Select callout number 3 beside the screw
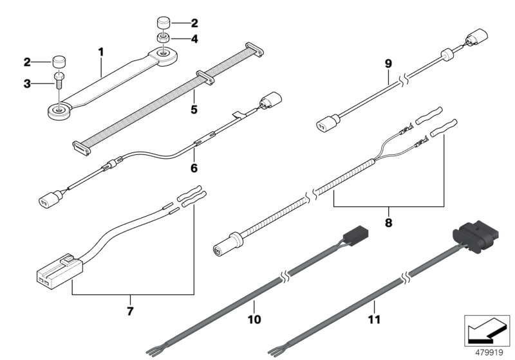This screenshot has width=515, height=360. pos(27,83)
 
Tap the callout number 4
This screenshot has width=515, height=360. pos(176,39)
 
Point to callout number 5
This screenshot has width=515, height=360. pos(194,109)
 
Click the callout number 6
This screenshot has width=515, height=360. pos(194,169)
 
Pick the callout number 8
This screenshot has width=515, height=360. pos(388,224)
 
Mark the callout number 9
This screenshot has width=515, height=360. pos(388,64)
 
